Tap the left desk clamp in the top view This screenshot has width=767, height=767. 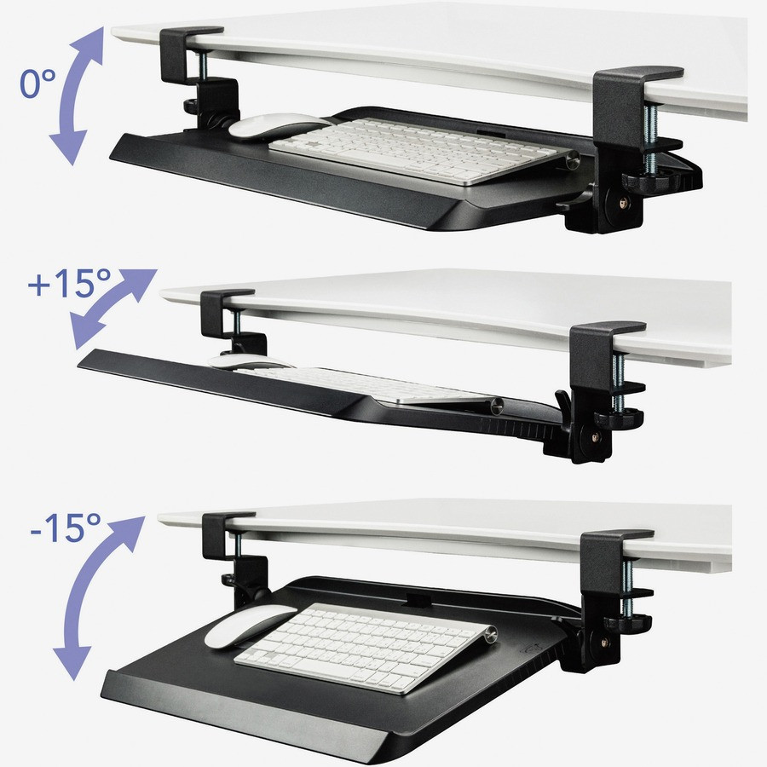click(x=190, y=64)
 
